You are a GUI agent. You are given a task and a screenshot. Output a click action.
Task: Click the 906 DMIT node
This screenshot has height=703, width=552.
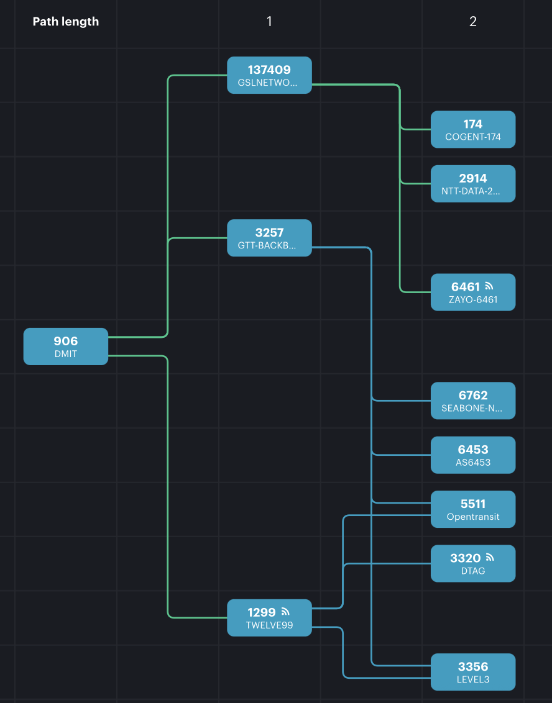[x=65, y=347]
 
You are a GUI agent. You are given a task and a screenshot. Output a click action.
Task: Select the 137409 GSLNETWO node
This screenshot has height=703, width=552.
[x=269, y=75]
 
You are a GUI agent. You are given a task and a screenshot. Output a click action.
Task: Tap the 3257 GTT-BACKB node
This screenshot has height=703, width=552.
[x=269, y=238]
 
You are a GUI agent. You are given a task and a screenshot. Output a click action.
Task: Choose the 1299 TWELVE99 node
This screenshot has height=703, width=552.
[x=269, y=618]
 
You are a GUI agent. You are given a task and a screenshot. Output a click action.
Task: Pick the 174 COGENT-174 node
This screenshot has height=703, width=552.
[x=472, y=130]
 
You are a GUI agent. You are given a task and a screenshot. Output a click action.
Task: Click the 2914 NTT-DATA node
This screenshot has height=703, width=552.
[x=472, y=184]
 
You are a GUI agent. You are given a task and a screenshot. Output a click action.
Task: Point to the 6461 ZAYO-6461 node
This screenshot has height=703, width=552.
[x=472, y=293]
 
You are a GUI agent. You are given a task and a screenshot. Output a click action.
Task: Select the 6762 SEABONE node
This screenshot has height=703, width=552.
[x=472, y=401]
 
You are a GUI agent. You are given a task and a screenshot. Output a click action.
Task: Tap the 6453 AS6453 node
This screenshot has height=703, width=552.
[x=472, y=455]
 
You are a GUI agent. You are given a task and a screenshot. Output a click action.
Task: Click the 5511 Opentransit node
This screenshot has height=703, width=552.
[x=472, y=509]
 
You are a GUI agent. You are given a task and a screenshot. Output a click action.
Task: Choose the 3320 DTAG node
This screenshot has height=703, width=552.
[x=472, y=564]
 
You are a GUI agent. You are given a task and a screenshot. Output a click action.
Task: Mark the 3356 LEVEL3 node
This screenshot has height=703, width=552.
[x=472, y=672]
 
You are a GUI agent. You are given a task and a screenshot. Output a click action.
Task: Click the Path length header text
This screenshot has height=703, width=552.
[x=65, y=22]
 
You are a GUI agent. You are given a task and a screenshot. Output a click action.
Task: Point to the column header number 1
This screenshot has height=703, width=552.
[x=269, y=22]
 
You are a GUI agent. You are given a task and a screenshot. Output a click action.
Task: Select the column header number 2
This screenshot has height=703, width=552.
[x=473, y=22]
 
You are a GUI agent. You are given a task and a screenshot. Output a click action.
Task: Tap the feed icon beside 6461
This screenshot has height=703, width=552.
[x=489, y=286]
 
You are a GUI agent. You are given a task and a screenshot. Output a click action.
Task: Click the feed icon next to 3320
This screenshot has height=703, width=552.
[x=490, y=558]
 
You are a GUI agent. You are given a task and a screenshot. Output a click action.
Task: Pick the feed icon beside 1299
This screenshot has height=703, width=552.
[x=285, y=612]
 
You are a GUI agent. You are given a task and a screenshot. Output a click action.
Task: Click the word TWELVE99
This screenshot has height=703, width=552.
[x=269, y=625]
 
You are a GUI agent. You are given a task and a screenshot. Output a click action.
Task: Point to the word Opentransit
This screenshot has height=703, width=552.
[x=472, y=517]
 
